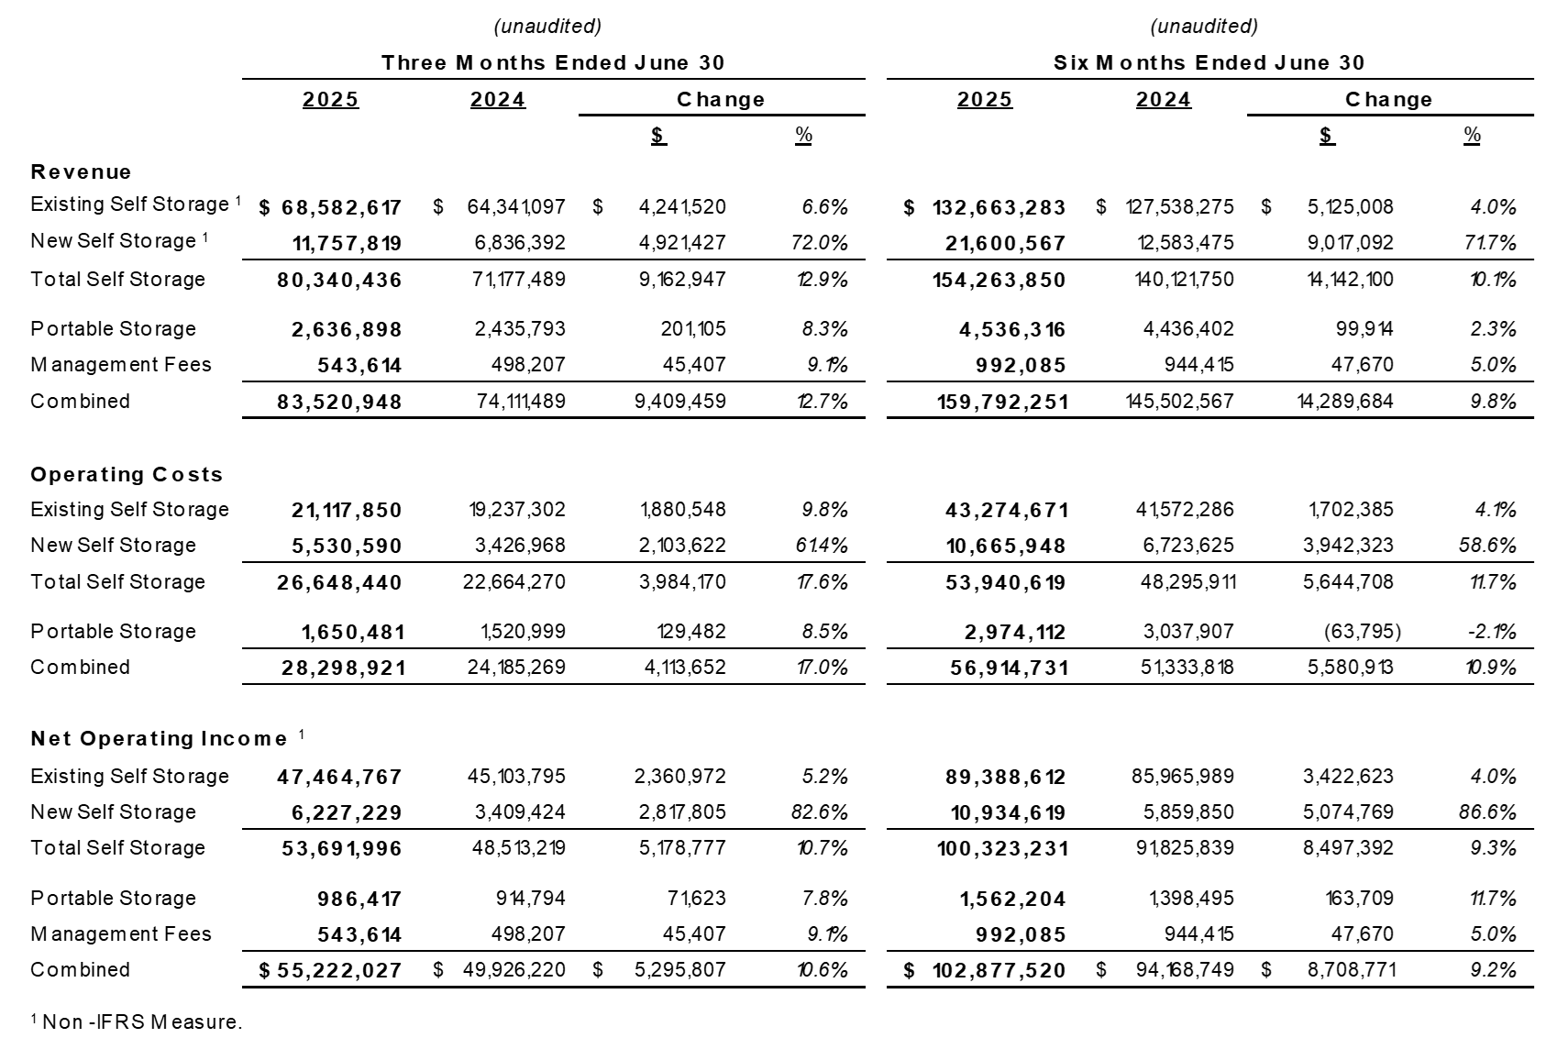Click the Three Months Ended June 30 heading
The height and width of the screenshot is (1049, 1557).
coord(553,62)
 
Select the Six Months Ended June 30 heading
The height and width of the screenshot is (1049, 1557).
coord(1209,62)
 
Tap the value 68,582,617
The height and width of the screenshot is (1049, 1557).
coord(341,207)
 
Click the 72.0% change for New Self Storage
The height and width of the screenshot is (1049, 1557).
coord(824,243)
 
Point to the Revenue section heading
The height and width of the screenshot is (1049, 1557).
coord(81,171)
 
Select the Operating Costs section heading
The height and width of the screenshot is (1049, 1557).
coord(127,474)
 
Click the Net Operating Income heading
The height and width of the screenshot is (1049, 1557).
coord(159,738)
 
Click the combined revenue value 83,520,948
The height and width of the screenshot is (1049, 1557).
coord(339,402)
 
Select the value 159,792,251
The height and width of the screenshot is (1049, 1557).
coord(1000,402)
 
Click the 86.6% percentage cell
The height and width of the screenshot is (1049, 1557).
coord(1493,812)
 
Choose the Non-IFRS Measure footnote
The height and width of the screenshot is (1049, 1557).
coord(137,1021)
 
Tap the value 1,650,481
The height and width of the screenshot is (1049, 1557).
coord(352,632)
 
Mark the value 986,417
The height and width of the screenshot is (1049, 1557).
coord(359,899)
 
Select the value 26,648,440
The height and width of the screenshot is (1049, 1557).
coord(339,582)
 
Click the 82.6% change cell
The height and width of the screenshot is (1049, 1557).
coord(824,812)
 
